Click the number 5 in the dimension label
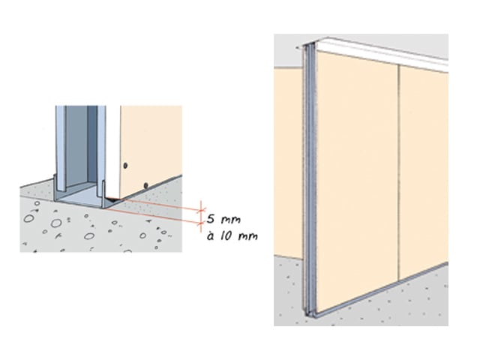tap(211, 219)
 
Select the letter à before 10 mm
tap(210, 236)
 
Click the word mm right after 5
tap(231, 220)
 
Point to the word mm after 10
tap(247, 236)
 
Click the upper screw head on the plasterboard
tap(125, 166)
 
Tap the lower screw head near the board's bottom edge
tap(146, 185)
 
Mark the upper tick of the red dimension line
tap(201, 210)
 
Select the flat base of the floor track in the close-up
tap(80, 199)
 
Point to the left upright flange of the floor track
tap(55, 187)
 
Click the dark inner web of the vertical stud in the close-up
tap(92, 144)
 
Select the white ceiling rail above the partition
tap(376, 53)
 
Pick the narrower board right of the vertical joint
tap(424, 172)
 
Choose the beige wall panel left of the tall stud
tap(289, 162)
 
